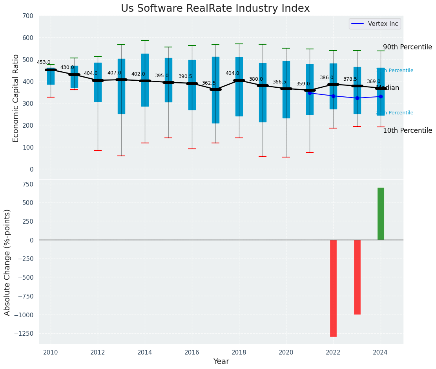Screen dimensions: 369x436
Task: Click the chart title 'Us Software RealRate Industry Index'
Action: tap(215, 9)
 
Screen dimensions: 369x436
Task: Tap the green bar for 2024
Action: tap(381, 214)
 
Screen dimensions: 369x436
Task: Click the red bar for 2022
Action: tap(333, 288)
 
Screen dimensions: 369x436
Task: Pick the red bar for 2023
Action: tap(357, 277)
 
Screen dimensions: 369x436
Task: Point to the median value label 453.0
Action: tap(44, 62)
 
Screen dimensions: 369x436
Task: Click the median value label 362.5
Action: tap(209, 83)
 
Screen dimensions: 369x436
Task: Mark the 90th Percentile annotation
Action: tap(407, 47)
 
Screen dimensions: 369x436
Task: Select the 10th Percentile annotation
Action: tap(407, 131)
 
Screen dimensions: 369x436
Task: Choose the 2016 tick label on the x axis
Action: tap(192, 353)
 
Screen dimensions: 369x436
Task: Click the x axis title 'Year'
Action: tap(221, 362)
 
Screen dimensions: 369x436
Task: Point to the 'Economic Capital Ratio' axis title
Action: tap(16, 98)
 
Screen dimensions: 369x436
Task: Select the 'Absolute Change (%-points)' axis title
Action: tap(7, 262)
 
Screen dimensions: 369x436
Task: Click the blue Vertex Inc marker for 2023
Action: tap(357, 98)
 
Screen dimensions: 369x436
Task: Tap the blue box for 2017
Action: tap(215, 90)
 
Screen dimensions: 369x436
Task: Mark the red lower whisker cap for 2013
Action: tap(121, 156)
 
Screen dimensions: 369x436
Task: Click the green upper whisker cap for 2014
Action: tap(145, 40)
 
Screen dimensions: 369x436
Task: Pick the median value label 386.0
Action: tap(327, 78)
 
